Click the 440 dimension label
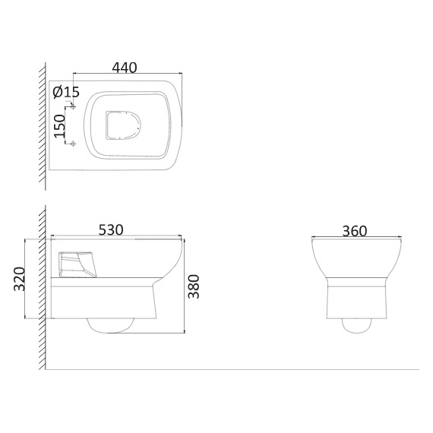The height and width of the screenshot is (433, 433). tap(125, 68)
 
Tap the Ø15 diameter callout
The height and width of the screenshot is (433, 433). tap(66, 92)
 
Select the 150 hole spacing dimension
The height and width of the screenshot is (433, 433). tap(59, 126)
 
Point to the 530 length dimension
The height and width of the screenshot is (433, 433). tap(111, 229)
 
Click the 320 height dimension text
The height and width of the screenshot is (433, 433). tap(19, 279)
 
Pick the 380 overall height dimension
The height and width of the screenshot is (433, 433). tap(193, 286)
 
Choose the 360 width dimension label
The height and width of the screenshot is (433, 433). tap(355, 231)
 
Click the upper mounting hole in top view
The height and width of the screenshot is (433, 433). tap(73, 106)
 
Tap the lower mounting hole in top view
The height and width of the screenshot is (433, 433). tap(73, 144)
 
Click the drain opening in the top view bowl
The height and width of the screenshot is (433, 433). tap(123, 125)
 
